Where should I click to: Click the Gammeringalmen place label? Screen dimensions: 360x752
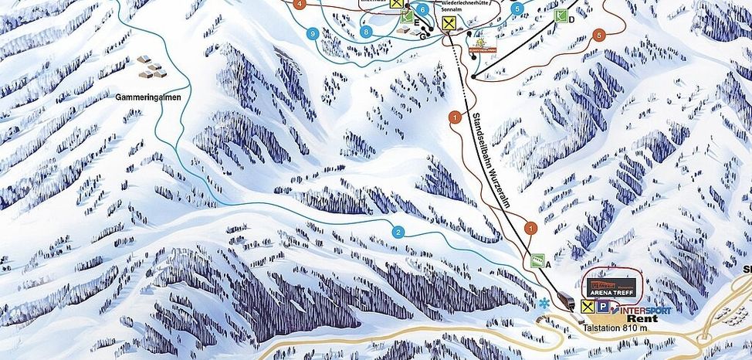point(149,98)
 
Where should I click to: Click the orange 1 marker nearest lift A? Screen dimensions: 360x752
point(530,228)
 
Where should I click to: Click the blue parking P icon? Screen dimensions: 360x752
point(601,307)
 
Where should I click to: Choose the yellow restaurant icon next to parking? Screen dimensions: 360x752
point(588,307)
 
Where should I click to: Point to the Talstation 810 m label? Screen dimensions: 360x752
point(614,328)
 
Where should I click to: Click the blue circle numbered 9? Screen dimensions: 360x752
point(313,34)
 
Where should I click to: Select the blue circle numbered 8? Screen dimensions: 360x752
point(366,32)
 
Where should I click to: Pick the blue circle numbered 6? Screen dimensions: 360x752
point(423,10)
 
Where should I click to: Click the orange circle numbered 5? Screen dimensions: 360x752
point(599,35)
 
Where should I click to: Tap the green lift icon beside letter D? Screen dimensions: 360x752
point(561,15)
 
